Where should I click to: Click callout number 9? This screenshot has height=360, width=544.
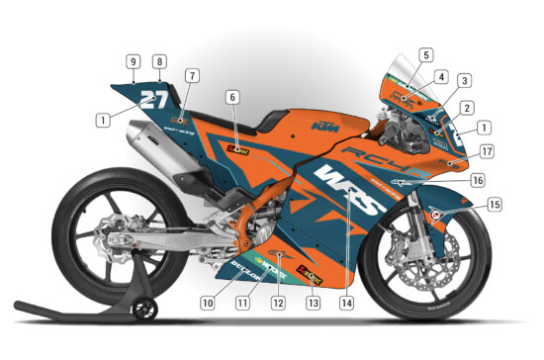pyautogui.click(x=133, y=61)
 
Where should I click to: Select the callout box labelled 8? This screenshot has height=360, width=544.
pyautogui.click(x=159, y=61)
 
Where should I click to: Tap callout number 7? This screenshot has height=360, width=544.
pyautogui.click(x=192, y=75)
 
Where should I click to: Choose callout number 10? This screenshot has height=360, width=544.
pyautogui.click(x=208, y=303)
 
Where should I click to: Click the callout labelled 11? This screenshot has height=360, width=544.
pyautogui.click(x=242, y=303)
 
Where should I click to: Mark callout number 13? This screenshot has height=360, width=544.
pyautogui.click(x=314, y=303)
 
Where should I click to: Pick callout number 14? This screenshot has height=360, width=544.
pyautogui.click(x=346, y=303)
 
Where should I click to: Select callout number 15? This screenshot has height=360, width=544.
pyautogui.click(x=495, y=205)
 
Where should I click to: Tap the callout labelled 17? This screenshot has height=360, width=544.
pyautogui.click(x=487, y=152)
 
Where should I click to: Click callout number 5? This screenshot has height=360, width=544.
pyautogui.click(x=425, y=55)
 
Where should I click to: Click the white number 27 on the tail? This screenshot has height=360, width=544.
pyautogui.click(x=153, y=99)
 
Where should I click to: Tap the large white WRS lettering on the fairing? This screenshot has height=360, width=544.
pyautogui.click(x=346, y=190)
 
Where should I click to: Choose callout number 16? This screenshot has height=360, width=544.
pyautogui.click(x=479, y=180)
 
